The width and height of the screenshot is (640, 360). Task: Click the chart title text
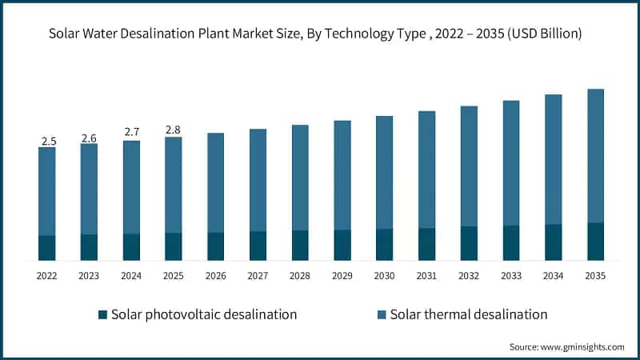point(320,34)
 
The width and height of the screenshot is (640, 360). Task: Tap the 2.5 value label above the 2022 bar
point(48,142)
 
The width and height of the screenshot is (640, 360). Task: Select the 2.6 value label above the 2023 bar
point(89,138)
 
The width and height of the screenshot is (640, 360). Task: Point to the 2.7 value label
point(131,132)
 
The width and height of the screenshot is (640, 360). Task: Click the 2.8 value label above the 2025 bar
point(174,130)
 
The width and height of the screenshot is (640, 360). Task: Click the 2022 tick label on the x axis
point(47,275)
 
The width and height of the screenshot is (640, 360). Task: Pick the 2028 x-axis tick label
point(300,275)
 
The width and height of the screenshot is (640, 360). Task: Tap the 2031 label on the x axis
point(426,275)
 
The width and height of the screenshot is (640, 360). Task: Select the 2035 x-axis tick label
point(595,275)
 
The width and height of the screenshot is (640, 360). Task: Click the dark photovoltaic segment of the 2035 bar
point(595,242)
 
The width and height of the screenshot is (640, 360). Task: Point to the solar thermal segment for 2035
point(595,156)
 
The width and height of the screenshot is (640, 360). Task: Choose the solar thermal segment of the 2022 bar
point(47,192)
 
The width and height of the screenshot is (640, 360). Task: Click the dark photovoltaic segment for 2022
point(47,248)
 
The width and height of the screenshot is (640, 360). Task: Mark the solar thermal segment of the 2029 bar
point(342,176)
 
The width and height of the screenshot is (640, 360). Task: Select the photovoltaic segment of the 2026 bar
point(216,246)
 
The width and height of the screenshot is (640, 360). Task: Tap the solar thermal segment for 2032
point(469,166)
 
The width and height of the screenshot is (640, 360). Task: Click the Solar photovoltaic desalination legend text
point(204,314)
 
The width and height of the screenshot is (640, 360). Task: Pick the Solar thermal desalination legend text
point(469,314)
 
